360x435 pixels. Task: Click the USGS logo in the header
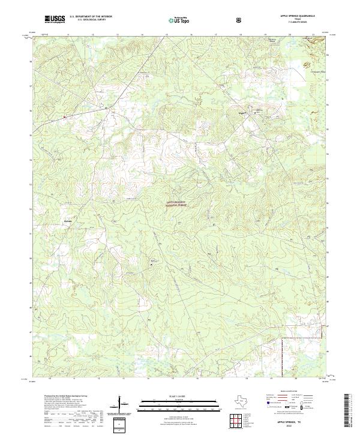[55, 20]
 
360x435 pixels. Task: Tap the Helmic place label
[67, 221]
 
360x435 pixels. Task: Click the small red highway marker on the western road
[65, 116]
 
